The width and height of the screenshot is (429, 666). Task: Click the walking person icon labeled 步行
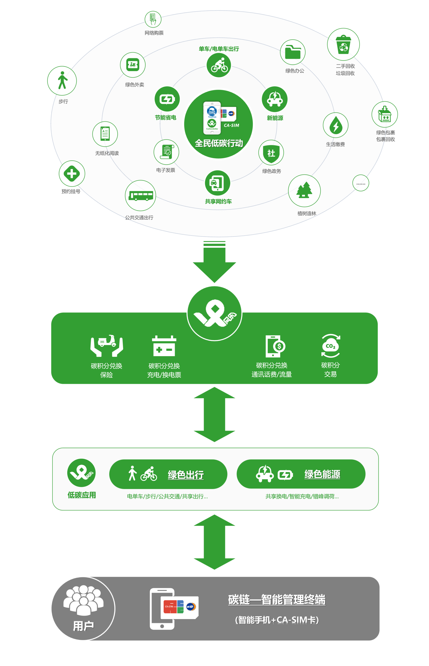pyautogui.click(x=62, y=80)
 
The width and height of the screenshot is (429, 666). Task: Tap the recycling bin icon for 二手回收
pyautogui.click(x=343, y=44)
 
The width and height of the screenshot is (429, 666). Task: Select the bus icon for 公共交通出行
pyautogui.click(x=140, y=196)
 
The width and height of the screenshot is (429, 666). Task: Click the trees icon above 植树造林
pyautogui.click(x=304, y=191)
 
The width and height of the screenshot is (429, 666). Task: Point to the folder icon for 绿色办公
pyautogui.click(x=292, y=52)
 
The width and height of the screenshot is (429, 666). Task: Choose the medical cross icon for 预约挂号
pyautogui.click(x=72, y=174)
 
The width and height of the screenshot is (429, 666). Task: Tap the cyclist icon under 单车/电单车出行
pyautogui.click(x=219, y=65)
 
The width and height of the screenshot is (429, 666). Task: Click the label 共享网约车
pyautogui.click(x=218, y=201)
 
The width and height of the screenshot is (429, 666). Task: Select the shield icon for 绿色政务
pyautogui.click(x=271, y=152)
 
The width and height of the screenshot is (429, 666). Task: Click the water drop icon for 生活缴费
pyautogui.click(x=336, y=125)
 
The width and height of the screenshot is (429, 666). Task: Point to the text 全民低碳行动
pyautogui.click(x=219, y=143)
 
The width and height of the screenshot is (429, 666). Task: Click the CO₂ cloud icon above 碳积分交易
pyautogui.click(x=330, y=346)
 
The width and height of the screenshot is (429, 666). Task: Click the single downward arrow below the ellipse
pyautogui.click(x=214, y=262)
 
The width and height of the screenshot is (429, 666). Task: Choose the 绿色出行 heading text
pyautogui.click(x=186, y=475)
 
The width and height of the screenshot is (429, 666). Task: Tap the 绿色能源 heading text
pyautogui.click(x=322, y=474)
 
